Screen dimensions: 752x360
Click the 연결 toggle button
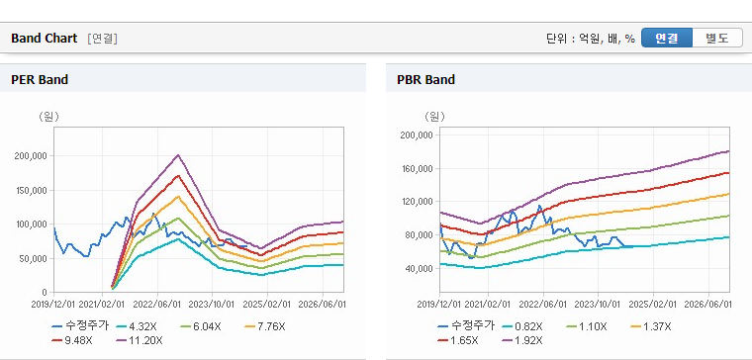point(667,38)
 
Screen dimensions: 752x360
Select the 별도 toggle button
point(717,38)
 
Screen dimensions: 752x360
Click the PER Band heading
point(40,79)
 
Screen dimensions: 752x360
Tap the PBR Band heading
point(425,79)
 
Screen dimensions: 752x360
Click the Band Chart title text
point(45,39)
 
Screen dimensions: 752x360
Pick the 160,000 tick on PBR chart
point(420,169)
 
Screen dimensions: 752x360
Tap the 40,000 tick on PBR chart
point(422,268)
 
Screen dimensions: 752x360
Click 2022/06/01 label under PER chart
point(156,305)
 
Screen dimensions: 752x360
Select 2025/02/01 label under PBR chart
point(652,305)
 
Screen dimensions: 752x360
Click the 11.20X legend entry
point(140,341)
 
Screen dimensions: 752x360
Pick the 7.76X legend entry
point(264,327)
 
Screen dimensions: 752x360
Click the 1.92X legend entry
point(521,341)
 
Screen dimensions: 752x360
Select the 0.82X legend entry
point(521,327)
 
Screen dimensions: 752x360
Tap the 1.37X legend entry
point(650,327)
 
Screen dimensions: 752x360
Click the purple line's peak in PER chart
point(178,155)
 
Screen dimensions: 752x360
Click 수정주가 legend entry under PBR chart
point(466,326)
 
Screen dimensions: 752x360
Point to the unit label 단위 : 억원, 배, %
point(591,39)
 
